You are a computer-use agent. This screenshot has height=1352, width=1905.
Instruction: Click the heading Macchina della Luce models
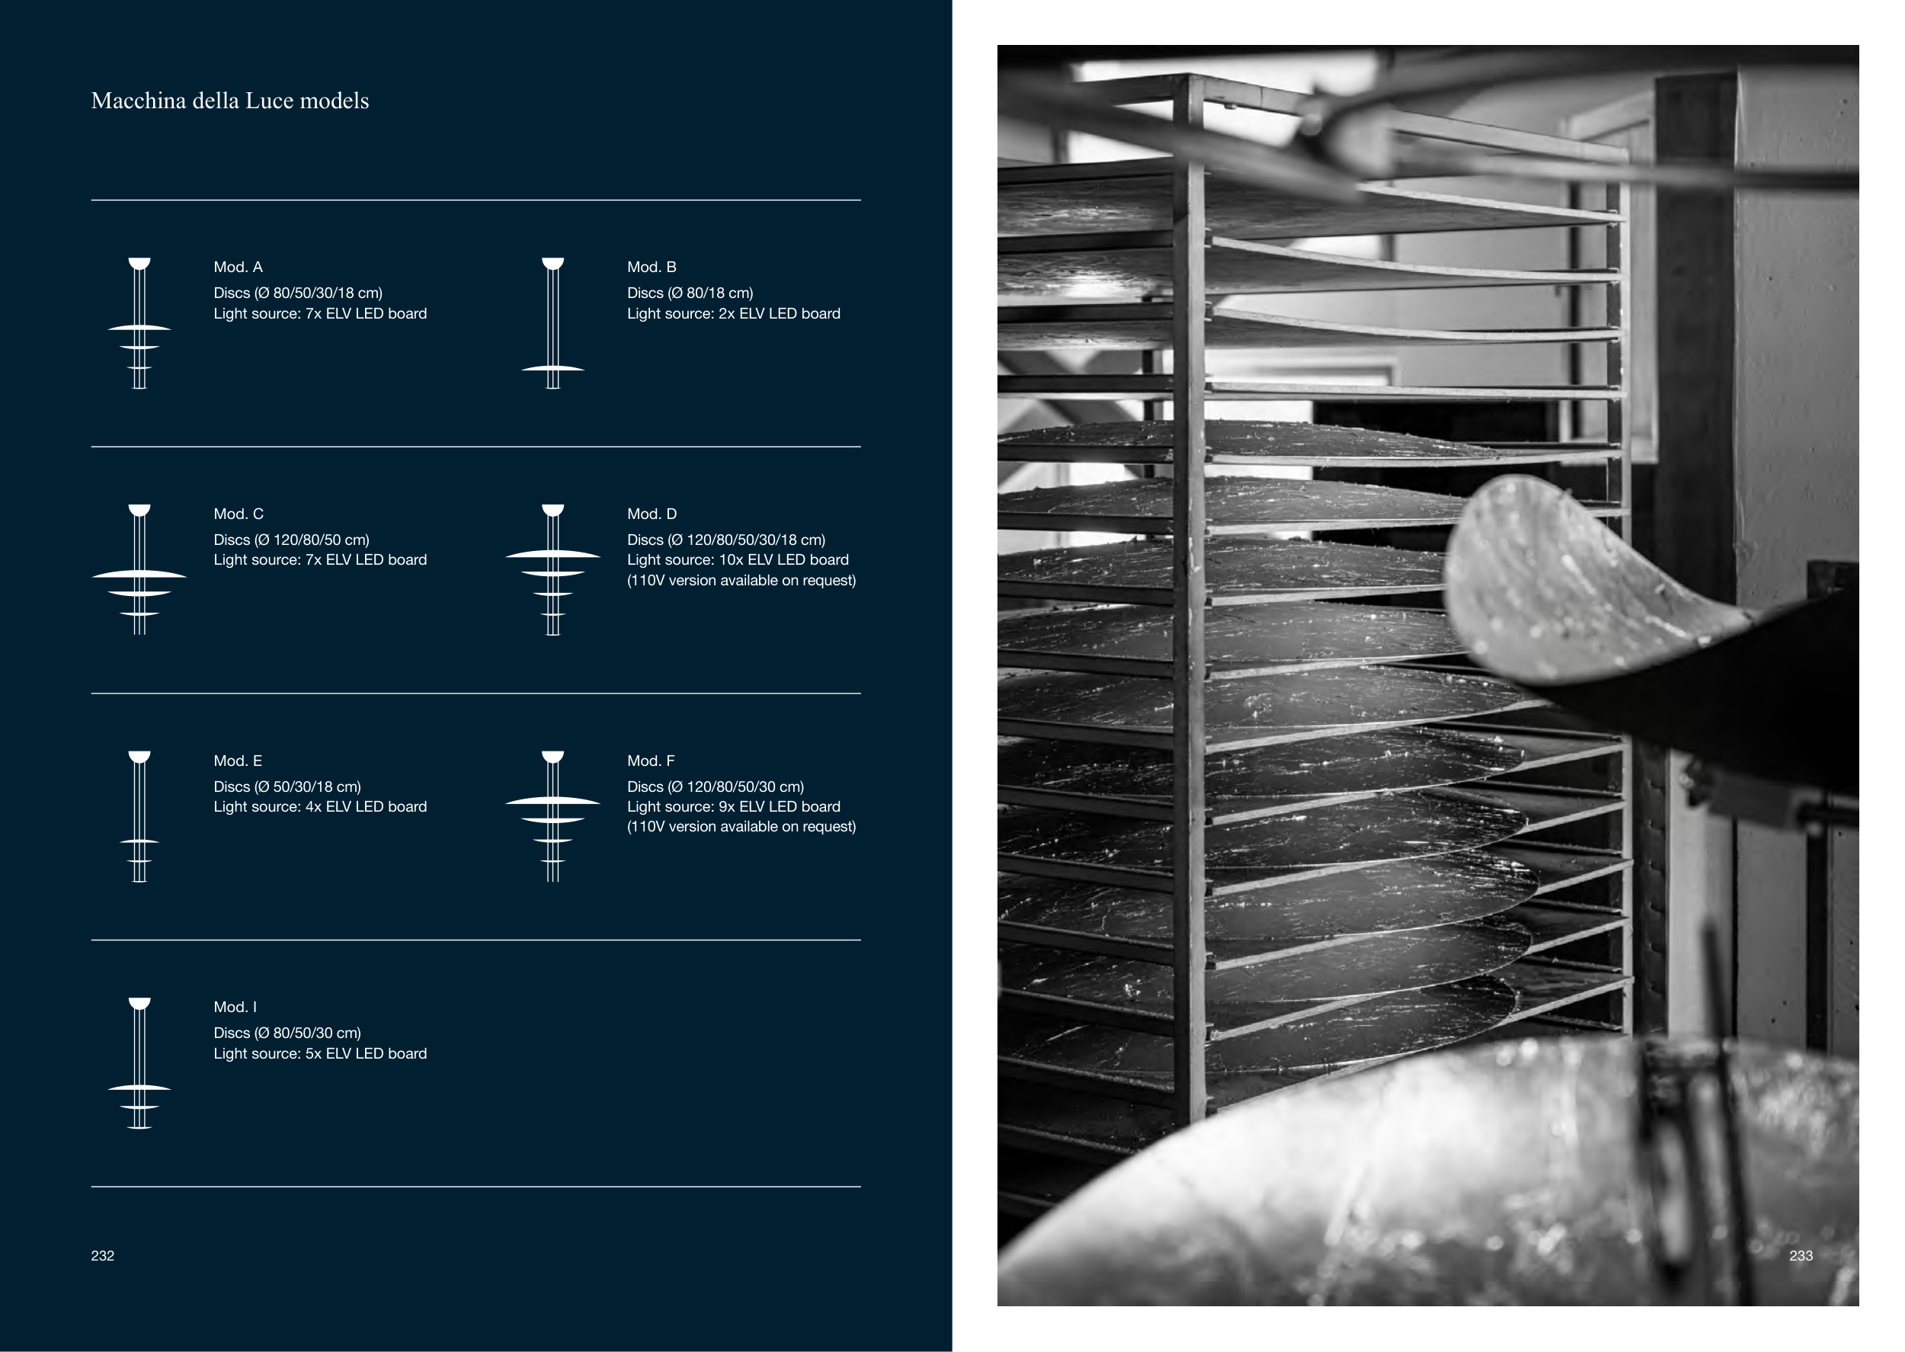coord(229,101)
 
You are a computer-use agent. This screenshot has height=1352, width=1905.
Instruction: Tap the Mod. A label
coord(238,268)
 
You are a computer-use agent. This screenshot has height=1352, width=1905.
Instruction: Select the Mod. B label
coord(652,268)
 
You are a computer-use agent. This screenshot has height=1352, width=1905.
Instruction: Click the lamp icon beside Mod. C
coord(139,569)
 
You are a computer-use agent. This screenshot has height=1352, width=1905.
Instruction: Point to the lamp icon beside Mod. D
coord(552,569)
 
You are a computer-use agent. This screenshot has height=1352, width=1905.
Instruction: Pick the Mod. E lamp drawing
coord(139,816)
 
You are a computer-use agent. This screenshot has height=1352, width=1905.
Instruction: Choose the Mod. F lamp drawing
coord(552,816)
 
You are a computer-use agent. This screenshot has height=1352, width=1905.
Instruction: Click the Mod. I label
coord(235,1008)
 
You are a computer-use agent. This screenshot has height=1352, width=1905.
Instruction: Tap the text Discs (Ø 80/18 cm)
coord(690,293)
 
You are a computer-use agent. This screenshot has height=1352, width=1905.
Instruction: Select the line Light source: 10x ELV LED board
coord(738,560)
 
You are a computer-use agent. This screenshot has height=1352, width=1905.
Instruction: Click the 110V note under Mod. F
coord(741,827)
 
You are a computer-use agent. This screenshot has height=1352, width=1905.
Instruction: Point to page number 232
coord(102,1255)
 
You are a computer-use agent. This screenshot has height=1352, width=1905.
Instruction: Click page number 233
coord(1800,1255)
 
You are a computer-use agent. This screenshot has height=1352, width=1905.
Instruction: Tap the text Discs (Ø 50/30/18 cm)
coord(287,787)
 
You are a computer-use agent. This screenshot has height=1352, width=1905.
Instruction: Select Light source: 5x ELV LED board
coord(320,1054)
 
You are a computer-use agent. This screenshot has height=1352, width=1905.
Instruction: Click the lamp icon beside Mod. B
coord(552,323)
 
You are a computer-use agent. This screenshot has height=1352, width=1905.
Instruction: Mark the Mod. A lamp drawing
coord(139,323)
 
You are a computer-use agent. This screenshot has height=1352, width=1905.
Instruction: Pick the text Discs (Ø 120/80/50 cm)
coord(291,540)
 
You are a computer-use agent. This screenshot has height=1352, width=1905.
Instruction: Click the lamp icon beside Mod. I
coord(139,1063)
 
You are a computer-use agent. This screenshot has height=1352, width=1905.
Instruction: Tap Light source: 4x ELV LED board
coord(320,807)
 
